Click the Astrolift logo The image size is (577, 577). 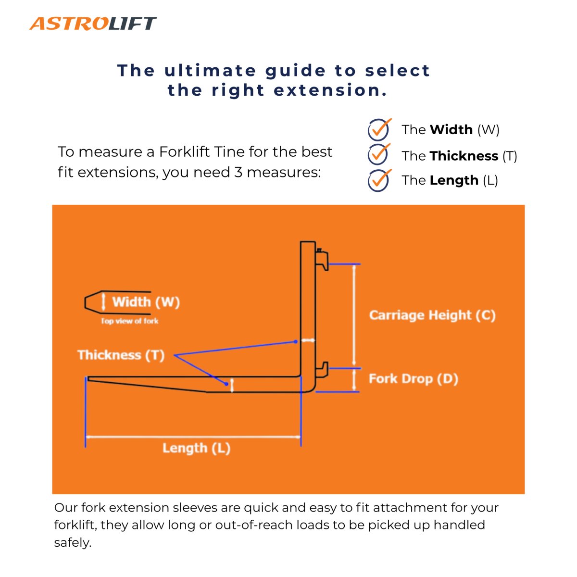[x=93, y=23]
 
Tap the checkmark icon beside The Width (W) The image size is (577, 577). [x=379, y=129]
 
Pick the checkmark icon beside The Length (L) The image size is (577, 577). [x=379, y=180]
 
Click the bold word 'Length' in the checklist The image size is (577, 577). [x=454, y=180]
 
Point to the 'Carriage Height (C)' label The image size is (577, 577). [x=432, y=315]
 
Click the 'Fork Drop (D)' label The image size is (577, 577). [x=413, y=379]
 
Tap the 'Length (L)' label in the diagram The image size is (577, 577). [x=196, y=448]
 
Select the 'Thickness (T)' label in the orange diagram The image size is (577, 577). [x=121, y=355]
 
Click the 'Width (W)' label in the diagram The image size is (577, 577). [x=146, y=302]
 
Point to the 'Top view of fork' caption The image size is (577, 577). [x=129, y=321]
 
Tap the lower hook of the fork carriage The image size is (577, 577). [x=322, y=370]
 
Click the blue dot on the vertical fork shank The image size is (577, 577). [x=296, y=342]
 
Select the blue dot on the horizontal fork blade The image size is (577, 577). [x=226, y=384]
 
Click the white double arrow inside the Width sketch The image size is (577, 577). [x=103, y=302]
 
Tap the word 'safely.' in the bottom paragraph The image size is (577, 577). [x=73, y=543]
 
